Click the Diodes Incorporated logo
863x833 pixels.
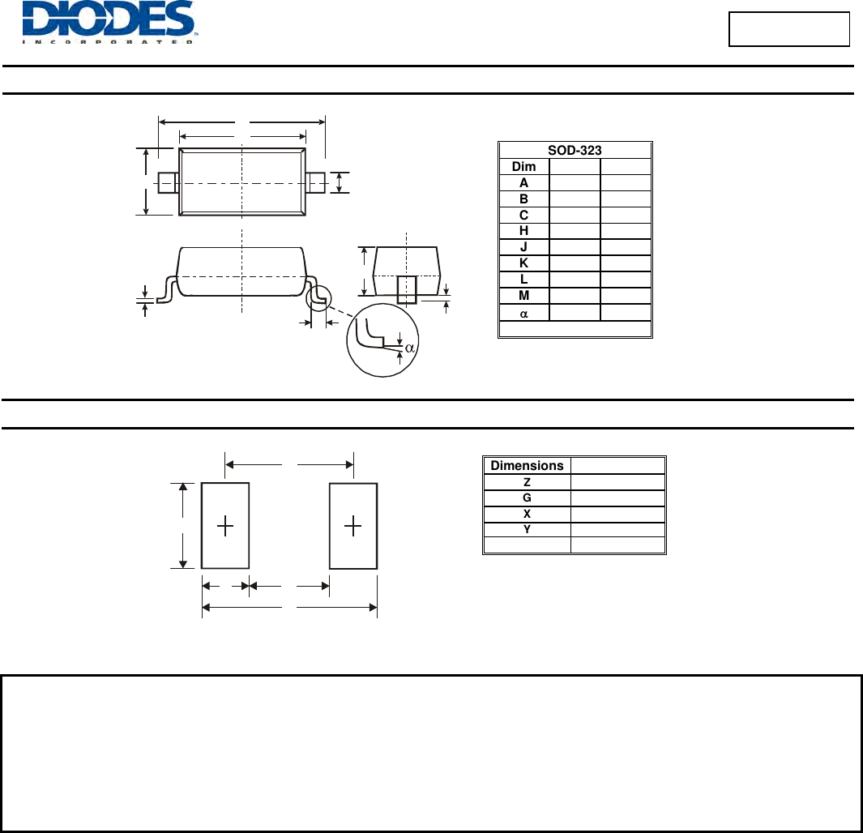tap(109, 22)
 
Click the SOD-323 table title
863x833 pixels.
tap(575, 150)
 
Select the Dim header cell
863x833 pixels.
tap(523, 167)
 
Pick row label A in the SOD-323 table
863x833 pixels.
tap(523, 182)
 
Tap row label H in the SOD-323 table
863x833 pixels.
tap(523, 230)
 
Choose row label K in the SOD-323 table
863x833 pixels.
tap(523, 263)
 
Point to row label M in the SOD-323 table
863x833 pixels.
tap(523, 296)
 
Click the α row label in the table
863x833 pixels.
tap(523, 314)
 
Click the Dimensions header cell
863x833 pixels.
tap(527, 465)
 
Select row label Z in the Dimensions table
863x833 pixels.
tap(527, 482)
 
